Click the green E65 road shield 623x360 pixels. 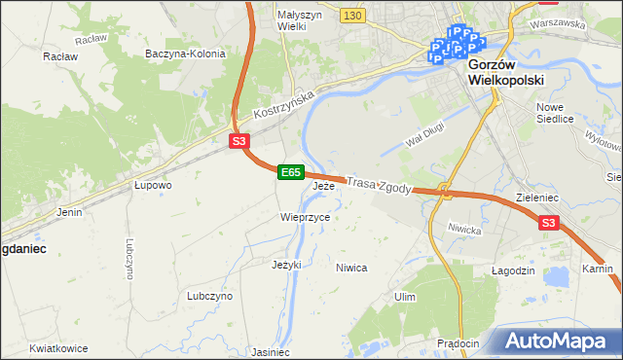[x=290, y=172]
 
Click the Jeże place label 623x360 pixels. [x=323, y=185]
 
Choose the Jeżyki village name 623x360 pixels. [x=286, y=264]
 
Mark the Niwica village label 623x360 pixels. [x=350, y=267]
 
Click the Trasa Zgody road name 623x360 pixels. [x=381, y=184]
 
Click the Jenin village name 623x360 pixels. [x=69, y=211]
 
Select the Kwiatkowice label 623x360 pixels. [x=59, y=348]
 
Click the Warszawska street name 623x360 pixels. [x=559, y=21]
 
